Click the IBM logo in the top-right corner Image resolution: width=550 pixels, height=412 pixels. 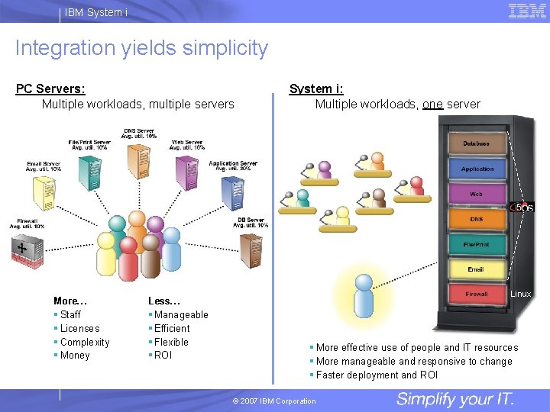pyautogui.click(x=526, y=11)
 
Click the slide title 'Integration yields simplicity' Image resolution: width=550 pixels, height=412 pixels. pyautogui.click(x=141, y=48)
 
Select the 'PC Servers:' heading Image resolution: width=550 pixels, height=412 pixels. pyautogui.click(x=50, y=89)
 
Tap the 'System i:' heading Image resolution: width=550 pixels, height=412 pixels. pyautogui.click(x=316, y=89)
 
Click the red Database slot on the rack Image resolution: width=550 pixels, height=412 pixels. pyautogui.click(x=476, y=143)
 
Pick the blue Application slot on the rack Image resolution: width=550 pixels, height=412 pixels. pyautogui.click(x=477, y=169)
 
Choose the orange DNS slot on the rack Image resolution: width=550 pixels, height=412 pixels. pyautogui.click(x=476, y=220)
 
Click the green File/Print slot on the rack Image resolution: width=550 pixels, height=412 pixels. pyautogui.click(x=476, y=244)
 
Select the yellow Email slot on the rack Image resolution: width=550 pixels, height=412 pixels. pyautogui.click(x=476, y=269)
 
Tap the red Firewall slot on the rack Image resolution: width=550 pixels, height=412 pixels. pyautogui.click(x=476, y=294)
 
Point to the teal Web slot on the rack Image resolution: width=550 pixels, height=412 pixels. pyautogui.click(x=476, y=195)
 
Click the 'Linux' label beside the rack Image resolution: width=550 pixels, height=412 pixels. pyautogui.click(x=521, y=294)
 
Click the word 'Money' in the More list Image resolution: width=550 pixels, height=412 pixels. pyautogui.click(x=75, y=356)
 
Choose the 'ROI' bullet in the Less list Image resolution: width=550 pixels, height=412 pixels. pyautogui.click(x=163, y=356)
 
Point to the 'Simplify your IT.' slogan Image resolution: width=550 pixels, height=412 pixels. pyautogui.click(x=455, y=399)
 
